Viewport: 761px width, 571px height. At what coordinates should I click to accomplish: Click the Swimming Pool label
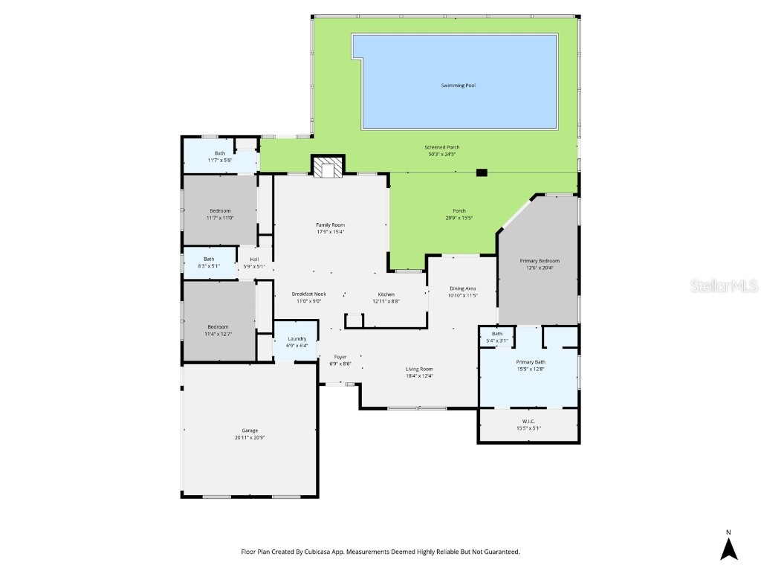455,86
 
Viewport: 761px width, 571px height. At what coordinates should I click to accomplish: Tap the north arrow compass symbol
728,548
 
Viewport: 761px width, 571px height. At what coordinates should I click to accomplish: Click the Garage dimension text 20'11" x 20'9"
250,438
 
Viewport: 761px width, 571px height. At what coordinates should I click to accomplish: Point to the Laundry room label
297,338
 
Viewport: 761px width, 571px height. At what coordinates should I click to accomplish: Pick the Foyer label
340,357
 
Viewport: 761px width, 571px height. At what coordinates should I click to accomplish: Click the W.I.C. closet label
528,422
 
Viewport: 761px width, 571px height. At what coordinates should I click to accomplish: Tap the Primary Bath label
531,362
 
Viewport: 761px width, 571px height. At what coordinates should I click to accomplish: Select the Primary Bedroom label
540,261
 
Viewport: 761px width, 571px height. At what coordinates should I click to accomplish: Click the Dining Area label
462,288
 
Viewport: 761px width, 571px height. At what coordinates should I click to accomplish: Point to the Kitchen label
386,294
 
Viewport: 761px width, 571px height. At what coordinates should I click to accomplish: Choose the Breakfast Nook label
308,294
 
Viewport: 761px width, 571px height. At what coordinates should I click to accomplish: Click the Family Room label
331,225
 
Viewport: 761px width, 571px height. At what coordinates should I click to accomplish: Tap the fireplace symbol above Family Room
328,169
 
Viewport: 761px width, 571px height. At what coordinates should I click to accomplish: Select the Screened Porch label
442,147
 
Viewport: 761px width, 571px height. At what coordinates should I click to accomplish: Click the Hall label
254,259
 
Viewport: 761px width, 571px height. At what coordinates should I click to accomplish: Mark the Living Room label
419,369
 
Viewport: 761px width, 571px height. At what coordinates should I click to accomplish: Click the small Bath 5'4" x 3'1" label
496,334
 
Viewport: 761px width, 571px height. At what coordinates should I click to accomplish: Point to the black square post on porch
482,172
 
